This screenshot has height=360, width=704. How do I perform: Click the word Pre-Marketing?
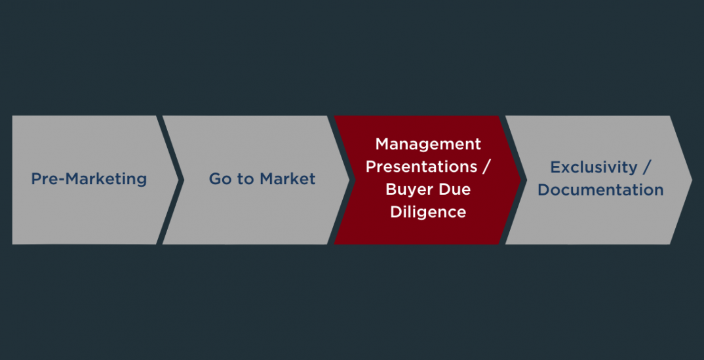[89, 179]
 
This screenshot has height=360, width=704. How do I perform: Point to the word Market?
[287, 179]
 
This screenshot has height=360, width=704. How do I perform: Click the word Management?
[428, 144]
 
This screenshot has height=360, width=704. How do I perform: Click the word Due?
[456, 190]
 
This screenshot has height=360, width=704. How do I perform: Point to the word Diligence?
[428, 212]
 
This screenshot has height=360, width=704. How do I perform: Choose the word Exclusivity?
[594, 167]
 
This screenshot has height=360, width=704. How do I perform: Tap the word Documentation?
[600, 190]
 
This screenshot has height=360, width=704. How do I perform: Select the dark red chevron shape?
[427, 180]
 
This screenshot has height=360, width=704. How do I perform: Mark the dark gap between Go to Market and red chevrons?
[342, 180]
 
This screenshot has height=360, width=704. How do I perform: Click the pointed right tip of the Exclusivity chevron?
[692, 180]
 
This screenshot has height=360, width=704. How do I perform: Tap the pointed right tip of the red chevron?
[521, 180]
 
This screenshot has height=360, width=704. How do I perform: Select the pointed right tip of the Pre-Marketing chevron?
[178, 180]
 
